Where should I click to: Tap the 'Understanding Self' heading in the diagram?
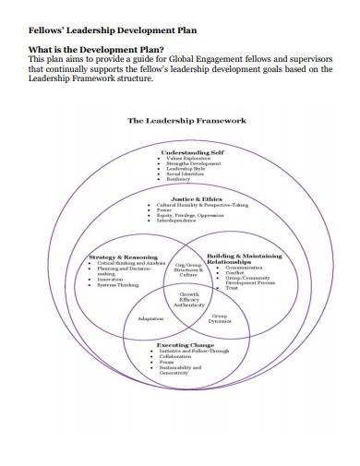pos(192,151)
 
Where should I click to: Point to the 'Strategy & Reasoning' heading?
pos(123,257)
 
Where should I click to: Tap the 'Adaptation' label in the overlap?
pos(150,318)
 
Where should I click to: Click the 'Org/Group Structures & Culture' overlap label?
pos(188,268)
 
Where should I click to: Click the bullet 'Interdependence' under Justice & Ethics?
pos(178,221)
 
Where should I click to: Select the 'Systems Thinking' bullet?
pos(118,286)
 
